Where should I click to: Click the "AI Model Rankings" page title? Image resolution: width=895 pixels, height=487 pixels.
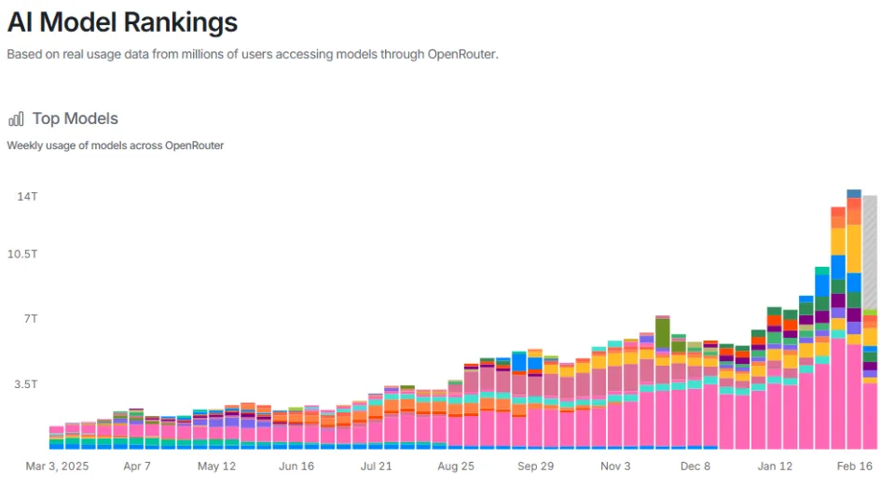[x=122, y=22]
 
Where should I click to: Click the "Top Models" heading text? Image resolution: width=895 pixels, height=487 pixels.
[x=75, y=118]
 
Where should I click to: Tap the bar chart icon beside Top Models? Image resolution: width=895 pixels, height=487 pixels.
[x=16, y=118]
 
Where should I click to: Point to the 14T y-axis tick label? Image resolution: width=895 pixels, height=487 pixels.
[x=26, y=197]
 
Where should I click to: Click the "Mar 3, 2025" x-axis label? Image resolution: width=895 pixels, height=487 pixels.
[x=57, y=466]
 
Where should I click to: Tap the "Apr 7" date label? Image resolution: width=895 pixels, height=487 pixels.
[x=138, y=466]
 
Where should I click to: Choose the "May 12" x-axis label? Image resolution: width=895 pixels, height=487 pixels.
[x=217, y=466]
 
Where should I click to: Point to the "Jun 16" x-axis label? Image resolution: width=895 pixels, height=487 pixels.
[x=296, y=466]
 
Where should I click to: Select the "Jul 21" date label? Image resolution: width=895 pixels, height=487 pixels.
[x=377, y=466]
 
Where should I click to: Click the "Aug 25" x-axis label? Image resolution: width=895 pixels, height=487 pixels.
[x=456, y=466]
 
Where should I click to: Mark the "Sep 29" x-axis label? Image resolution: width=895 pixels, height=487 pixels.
[x=535, y=466]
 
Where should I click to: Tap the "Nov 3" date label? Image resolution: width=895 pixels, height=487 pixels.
[x=616, y=466]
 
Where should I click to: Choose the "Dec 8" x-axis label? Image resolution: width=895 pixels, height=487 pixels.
[x=695, y=466]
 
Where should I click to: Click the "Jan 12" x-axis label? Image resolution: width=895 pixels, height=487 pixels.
[x=775, y=466]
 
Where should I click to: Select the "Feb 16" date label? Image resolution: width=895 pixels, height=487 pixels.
[x=854, y=466]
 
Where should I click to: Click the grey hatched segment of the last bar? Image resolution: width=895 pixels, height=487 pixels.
[x=869, y=252]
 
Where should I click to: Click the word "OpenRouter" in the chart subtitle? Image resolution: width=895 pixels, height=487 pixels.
[x=194, y=146]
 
